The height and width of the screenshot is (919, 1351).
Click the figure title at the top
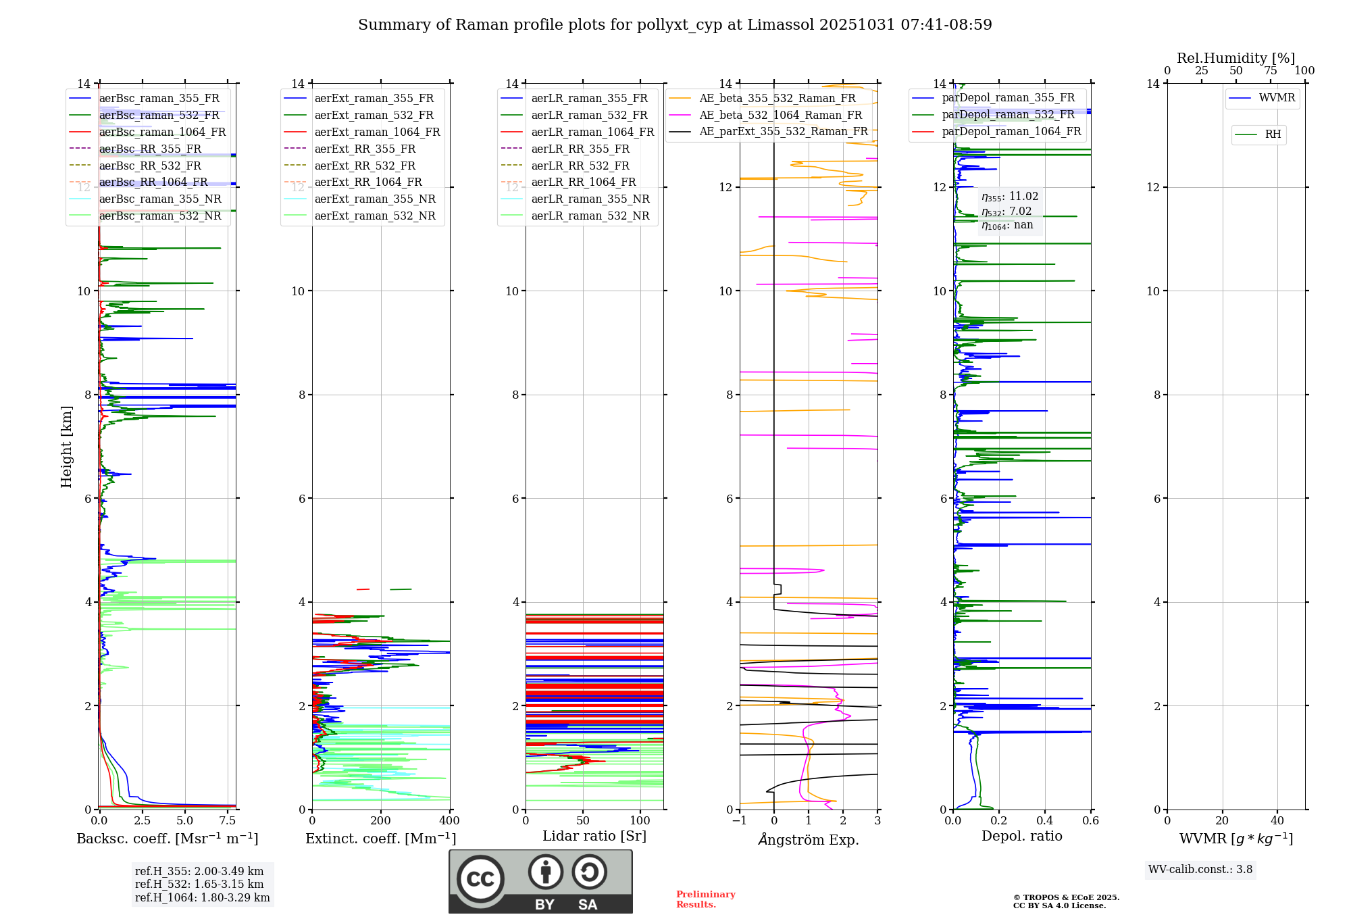coord(675,25)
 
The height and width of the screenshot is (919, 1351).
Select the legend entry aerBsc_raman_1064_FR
coord(162,132)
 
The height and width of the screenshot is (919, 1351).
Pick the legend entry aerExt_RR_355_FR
coord(365,149)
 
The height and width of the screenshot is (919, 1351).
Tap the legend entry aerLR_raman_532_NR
coord(590,216)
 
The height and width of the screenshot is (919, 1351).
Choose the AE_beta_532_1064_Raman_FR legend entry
coord(780,116)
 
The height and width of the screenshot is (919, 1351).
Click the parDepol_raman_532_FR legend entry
coord(1008,115)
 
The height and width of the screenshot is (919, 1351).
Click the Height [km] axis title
coord(66,447)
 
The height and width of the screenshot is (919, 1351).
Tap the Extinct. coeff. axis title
coord(381,839)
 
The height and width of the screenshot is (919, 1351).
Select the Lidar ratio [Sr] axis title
coord(594,837)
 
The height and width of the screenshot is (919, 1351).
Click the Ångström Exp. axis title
coord(809,840)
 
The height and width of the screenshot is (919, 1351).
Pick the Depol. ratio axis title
coord(1022,837)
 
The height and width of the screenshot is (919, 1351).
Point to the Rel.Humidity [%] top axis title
coord(1236,58)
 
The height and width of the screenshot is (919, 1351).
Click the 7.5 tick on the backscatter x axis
coord(228,821)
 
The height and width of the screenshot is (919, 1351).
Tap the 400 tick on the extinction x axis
coord(450,821)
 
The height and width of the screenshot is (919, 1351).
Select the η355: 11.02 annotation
coord(1010,197)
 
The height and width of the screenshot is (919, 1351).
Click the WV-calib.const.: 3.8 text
coord(1200,870)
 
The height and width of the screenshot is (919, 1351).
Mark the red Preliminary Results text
coord(705,899)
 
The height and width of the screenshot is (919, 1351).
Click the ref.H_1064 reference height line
coord(202,898)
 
